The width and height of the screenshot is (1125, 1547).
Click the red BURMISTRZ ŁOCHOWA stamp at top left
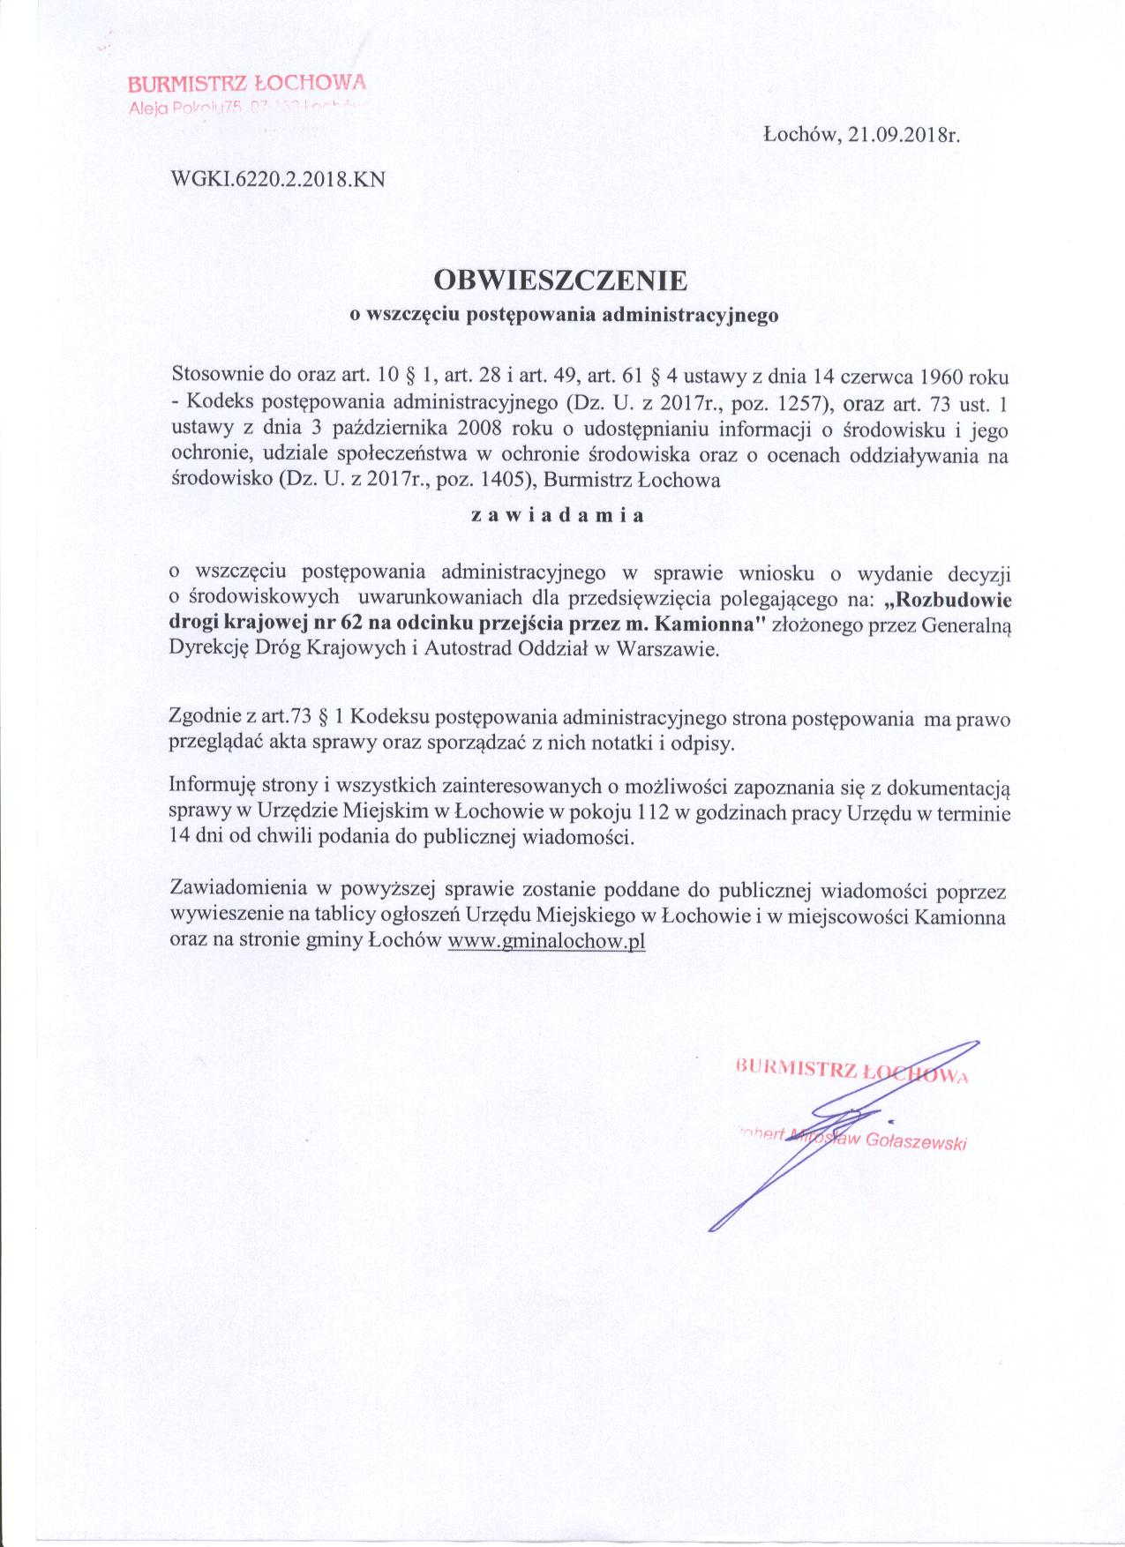(246, 85)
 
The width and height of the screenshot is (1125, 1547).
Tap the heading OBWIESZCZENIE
(561, 280)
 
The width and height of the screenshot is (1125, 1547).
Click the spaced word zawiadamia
(557, 517)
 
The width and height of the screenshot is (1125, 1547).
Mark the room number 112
(654, 812)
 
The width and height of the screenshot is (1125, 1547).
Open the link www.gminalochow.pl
(547, 940)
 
